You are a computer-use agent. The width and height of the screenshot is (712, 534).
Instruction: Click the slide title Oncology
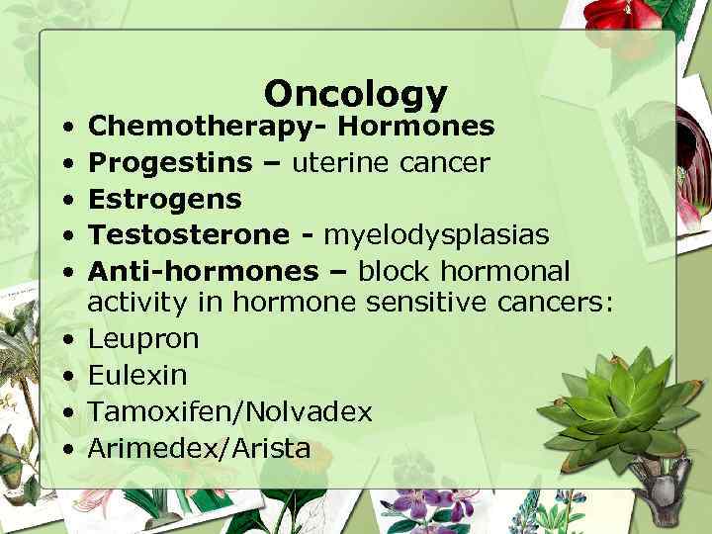[356, 93]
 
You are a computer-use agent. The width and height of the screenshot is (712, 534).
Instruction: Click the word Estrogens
[164, 199]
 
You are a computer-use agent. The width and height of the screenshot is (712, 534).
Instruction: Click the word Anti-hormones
[203, 271]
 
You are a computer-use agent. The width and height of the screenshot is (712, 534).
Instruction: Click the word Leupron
[143, 339]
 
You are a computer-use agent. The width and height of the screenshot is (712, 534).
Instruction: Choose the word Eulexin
[137, 375]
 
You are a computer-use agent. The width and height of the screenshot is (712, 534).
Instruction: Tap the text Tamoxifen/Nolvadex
[230, 411]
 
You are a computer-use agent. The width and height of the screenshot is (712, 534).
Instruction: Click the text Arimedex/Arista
[199, 448]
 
